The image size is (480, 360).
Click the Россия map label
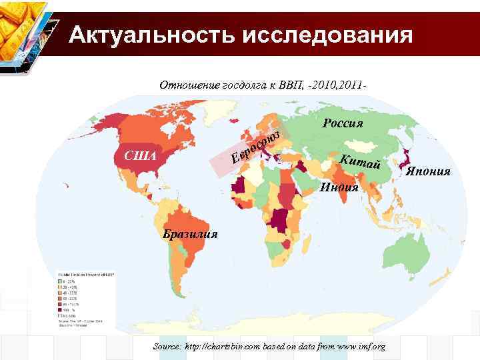(342, 123)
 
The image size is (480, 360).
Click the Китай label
(360, 161)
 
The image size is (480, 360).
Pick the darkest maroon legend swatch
(61, 309)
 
